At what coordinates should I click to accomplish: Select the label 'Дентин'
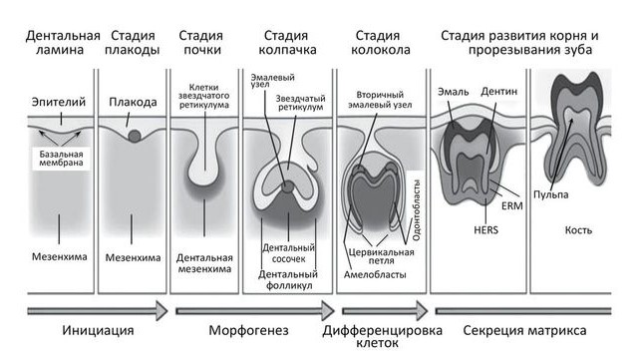pyautogui.click(x=499, y=93)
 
